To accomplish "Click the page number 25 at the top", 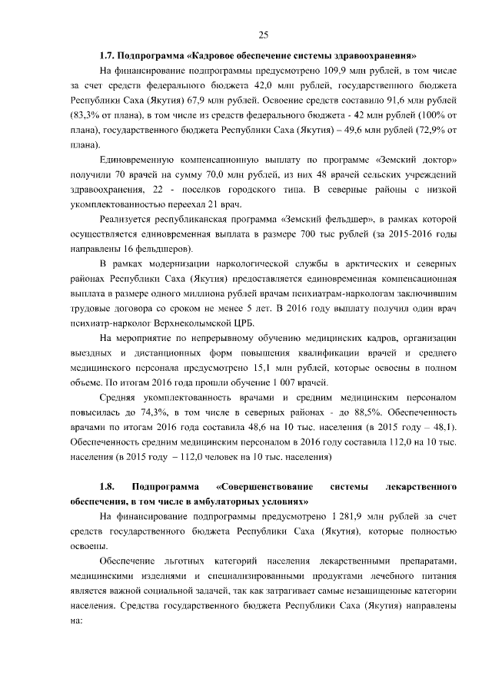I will (x=263, y=35).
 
